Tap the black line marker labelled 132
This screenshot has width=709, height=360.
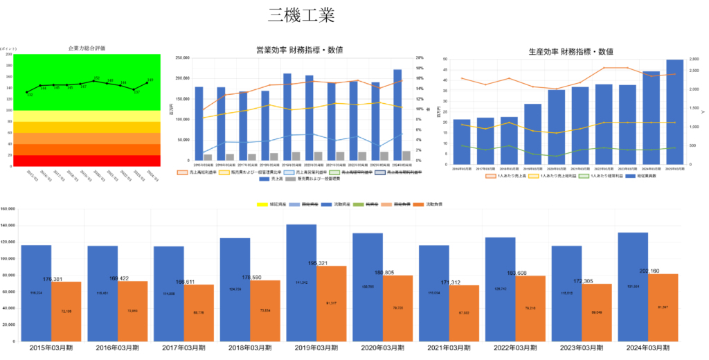[27, 92]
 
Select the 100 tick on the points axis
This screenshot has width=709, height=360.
[8, 110]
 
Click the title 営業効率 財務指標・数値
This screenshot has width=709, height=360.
[299, 50]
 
